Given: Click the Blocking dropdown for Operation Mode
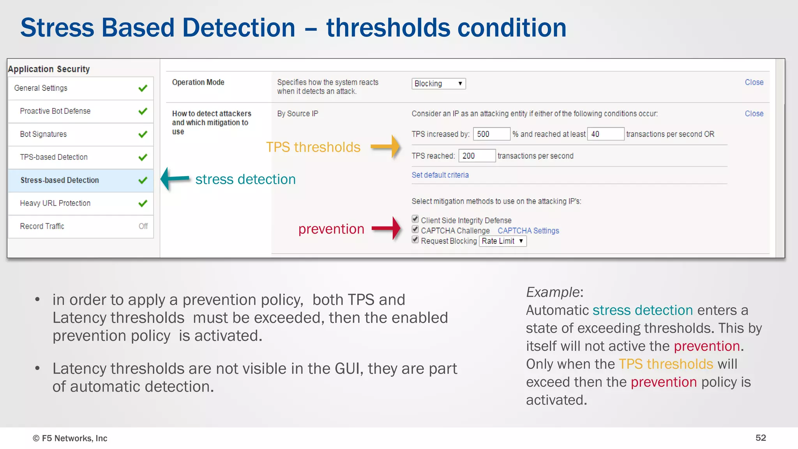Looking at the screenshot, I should pos(438,83).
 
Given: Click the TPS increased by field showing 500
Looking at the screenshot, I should pos(491,134).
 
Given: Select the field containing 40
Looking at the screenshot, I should pos(605,134).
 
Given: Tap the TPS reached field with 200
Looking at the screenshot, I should pos(477,156).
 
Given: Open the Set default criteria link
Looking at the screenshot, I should pos(440,175).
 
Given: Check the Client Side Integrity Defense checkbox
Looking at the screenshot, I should pos(415,219).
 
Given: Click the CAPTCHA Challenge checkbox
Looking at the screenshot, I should pos(415,230).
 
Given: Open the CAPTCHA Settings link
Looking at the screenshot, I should pos(528,231).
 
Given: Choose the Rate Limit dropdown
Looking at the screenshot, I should pos(502,241).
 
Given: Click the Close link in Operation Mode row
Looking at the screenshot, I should pos(754,82).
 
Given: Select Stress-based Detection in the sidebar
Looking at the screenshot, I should pos(60,180).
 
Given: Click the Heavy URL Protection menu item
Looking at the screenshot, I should pos(55,203).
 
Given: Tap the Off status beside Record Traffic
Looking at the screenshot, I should pos(143,226).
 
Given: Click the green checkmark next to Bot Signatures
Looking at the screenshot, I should pos(143,134).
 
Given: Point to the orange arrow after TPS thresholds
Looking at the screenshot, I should pos(385,147).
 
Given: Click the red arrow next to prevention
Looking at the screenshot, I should pos(386,228).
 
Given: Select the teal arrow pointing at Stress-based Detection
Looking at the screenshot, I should pos(175,179).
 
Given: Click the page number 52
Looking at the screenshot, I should pos(760,438).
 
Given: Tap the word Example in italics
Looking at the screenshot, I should pos(552,292).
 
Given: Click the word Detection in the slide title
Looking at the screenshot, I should pos(238,28).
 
